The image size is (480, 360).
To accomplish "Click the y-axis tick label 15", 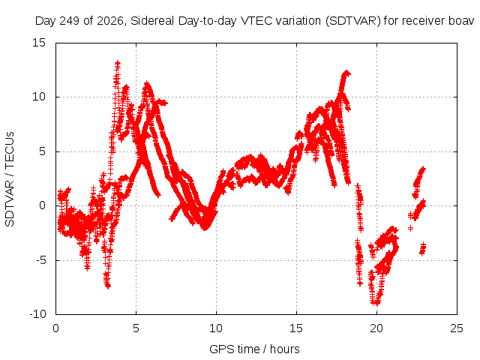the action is (x=39, y=43).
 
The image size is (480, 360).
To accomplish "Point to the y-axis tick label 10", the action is (x=39, y=97).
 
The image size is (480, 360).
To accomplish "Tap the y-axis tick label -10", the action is (x=38, y=314).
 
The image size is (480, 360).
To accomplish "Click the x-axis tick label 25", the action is (x=457, y=328).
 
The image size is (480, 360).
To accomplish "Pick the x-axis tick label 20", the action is (x=376, y=328).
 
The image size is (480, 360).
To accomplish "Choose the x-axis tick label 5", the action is (x=136, y=328).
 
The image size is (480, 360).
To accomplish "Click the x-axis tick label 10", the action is (x=216, y=328).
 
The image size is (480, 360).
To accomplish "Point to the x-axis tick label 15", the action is (x=296, y=328).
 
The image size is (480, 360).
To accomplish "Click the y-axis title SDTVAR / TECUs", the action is (x=10, y=179).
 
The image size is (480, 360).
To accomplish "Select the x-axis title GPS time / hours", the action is (x=254, y=349).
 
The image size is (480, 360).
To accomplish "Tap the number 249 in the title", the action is (x=70, y=21).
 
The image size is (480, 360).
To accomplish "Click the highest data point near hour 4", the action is (x=118, y=63).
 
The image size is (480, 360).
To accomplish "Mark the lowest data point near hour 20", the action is (x=376, y=303).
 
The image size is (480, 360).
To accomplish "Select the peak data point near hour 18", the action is (x=346, y=73).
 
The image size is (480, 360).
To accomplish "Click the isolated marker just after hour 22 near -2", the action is (x=410, y=228).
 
